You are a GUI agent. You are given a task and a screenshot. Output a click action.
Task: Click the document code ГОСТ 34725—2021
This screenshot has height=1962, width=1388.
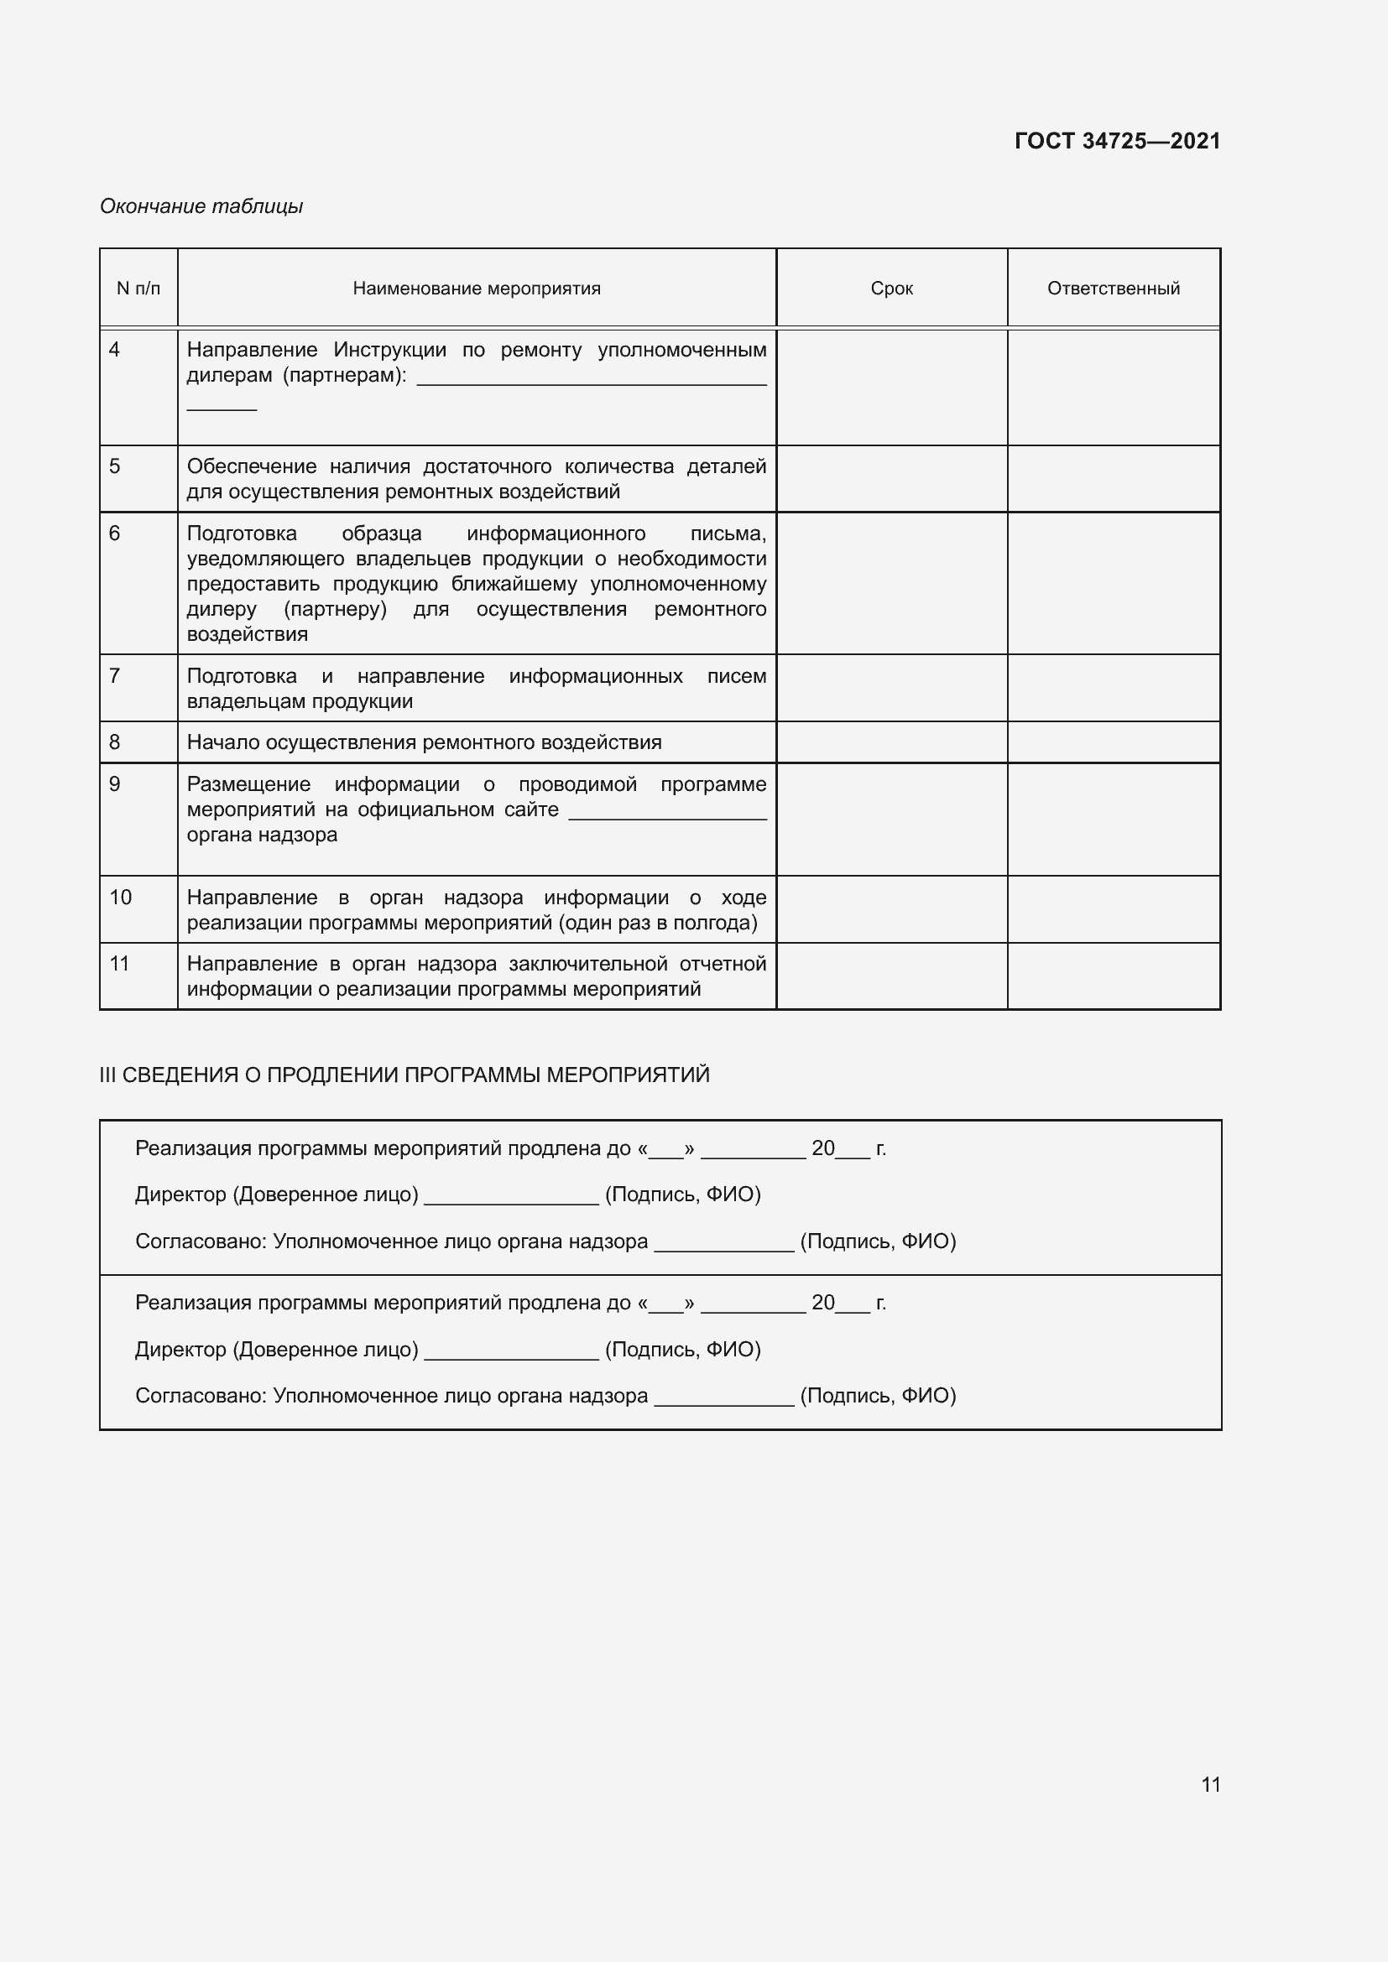(x=1116, y=141)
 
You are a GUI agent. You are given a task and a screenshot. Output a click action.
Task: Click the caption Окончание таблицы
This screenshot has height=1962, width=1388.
(x=201, y=206)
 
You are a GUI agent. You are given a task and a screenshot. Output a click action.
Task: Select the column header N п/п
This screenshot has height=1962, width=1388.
(x=138, y=289)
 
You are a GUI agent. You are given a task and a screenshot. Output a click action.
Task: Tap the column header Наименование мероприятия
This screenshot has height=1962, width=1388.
(x=476, y=289)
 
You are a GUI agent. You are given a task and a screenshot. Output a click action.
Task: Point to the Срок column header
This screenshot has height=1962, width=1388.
(x=891, y=289)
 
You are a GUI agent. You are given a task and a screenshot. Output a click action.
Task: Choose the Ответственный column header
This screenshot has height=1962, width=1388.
(x=1113, y=289)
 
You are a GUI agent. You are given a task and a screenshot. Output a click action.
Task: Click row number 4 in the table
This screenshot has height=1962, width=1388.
(x=114, y=350)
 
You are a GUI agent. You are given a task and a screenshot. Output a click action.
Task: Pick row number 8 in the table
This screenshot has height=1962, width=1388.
(x=114, y=742)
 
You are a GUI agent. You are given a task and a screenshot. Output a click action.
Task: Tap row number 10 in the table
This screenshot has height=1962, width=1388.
(x=121, y=898)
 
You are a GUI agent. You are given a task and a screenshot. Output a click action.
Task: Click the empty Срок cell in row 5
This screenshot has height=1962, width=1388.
(x=891, y=478)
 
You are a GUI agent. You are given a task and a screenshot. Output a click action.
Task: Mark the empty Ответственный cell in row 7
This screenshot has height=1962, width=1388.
(x=1113, y=688)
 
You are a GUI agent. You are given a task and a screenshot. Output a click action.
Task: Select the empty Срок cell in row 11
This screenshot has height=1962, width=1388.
(x=891, y=976)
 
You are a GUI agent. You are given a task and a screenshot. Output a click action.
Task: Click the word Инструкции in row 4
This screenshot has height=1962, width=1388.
(x=389, y=350)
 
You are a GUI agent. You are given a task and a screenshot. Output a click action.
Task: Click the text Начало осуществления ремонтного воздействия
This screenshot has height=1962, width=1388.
(x=424, y=742)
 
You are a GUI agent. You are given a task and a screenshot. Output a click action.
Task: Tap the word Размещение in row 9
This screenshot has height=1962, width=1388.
(x=248, y=784)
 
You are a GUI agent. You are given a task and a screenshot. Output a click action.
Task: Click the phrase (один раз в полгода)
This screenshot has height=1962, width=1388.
(x=658, y=923)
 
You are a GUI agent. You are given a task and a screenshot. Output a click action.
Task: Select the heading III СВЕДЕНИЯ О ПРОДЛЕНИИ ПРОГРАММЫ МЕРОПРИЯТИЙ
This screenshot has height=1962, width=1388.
(x=404, y=1075)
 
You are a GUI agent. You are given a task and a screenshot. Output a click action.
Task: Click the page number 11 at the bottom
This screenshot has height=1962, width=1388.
(x=1210, y=1784)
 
